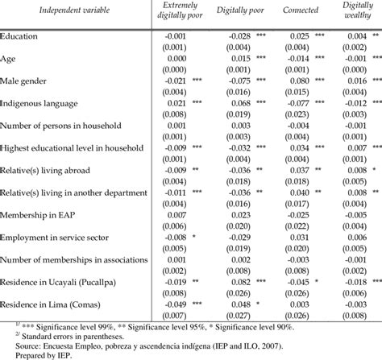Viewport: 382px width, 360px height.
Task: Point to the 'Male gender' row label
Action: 28,81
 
